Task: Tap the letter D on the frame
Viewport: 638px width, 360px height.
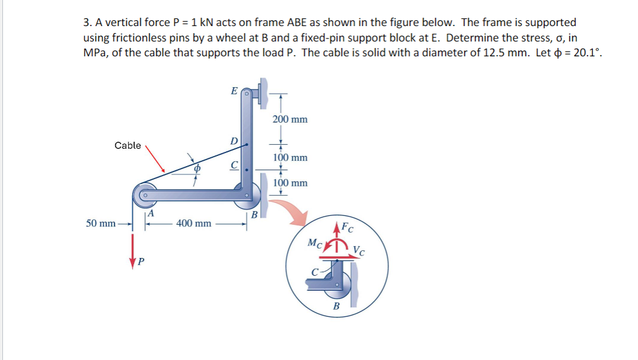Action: point(234,141)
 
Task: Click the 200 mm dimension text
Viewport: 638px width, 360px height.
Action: point(290,119)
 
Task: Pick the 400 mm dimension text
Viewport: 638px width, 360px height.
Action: point(194,224)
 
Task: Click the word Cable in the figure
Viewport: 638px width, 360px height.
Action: point(127,145)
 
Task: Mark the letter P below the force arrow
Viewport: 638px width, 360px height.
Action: point(141,262)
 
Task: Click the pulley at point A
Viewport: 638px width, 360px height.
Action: point(143,193)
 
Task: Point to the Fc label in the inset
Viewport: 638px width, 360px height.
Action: point(347,227)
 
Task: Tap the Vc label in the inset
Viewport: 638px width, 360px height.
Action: point(359,250)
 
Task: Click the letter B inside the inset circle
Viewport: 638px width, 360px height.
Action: point(336,306)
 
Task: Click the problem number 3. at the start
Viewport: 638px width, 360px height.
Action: point(87,23)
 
